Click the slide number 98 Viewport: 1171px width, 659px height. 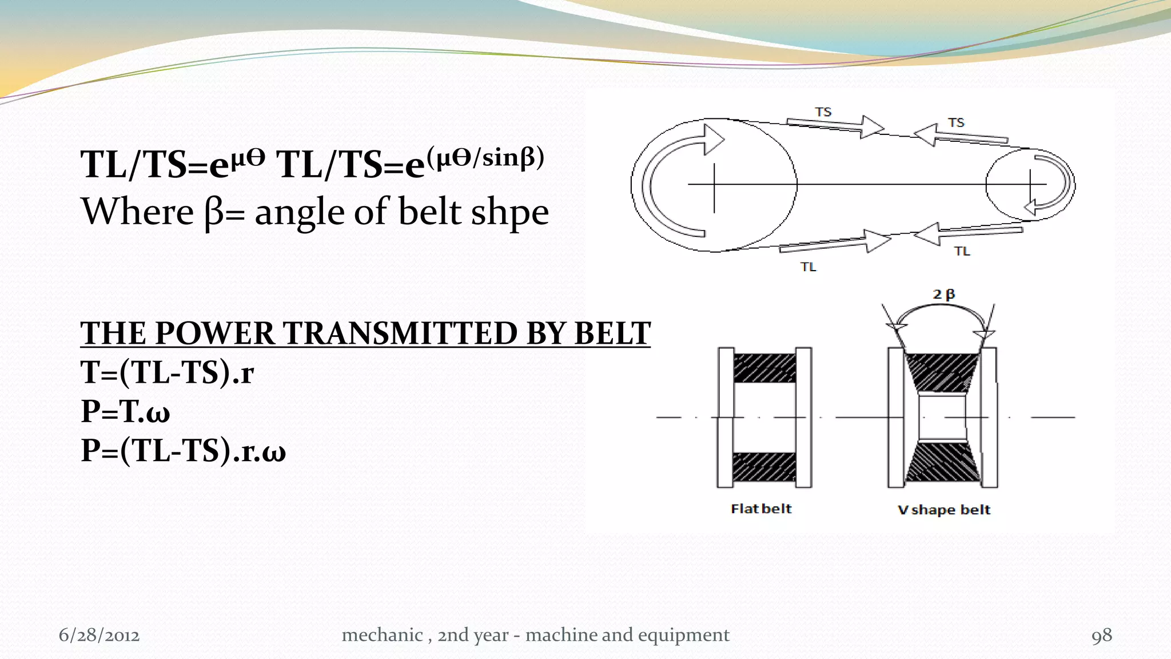(1101, 636)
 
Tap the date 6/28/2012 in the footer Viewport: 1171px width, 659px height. (99, 636)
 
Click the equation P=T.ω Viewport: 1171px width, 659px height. (126, 411)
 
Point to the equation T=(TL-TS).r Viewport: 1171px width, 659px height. (167, 372)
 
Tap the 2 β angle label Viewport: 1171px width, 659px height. (943, 295)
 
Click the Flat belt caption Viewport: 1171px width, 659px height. (761, 509)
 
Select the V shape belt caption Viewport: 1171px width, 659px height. (943, 510)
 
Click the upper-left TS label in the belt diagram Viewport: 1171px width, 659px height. (823, 112)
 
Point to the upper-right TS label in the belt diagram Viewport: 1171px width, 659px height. (955, 122)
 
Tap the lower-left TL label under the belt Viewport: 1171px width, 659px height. (808, 267)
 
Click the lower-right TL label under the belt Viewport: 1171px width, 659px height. (962, 251)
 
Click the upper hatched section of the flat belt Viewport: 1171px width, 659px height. (764, 368)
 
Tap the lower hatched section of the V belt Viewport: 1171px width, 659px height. (942, 462)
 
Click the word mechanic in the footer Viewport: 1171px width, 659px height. (382, 636)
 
